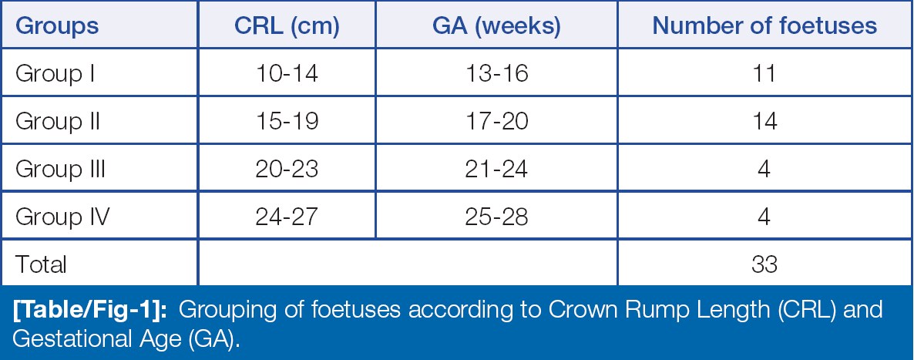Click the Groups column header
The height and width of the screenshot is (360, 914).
tap(57, 25)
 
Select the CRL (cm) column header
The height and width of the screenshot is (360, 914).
tap(287, 26)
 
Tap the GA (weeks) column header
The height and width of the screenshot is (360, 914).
tap(496, 26)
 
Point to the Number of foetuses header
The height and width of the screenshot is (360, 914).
tap(764, 25)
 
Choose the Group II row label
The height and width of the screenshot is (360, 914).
tap(58, 122)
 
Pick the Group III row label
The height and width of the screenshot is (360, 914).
tap(61, 169)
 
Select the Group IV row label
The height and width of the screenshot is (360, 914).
tap(62, 217)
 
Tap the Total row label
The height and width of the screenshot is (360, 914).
tap(41, 264)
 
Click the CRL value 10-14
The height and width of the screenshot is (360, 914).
tap(287, 74)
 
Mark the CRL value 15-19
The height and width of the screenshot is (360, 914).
tap(287, 121)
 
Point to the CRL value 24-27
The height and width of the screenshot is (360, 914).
tap(287, 217)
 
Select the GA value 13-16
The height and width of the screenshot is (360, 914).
tap(496, 74)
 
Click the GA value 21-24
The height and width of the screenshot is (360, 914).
tap(496, 169)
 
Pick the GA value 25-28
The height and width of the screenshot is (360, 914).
tap(496, 217)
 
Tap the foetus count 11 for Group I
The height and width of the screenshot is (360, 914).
tap(764, 74)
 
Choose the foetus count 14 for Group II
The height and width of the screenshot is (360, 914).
tap(764, 121)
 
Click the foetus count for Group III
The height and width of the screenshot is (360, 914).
tap(764, 169)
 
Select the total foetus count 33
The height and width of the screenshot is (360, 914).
tap(764, 264)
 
